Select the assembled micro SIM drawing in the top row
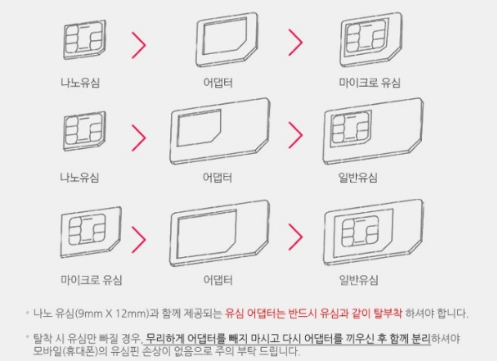(370, 40)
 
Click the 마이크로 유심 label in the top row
(370, 83)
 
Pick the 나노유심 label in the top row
(80, 83)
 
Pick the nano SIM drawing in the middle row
(84, 130)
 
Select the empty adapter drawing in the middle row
(219, 131)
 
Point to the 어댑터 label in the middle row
(217, 177)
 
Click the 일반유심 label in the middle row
(358, 177)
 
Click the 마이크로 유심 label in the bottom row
(91, 280)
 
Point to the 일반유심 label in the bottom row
(358, 280)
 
